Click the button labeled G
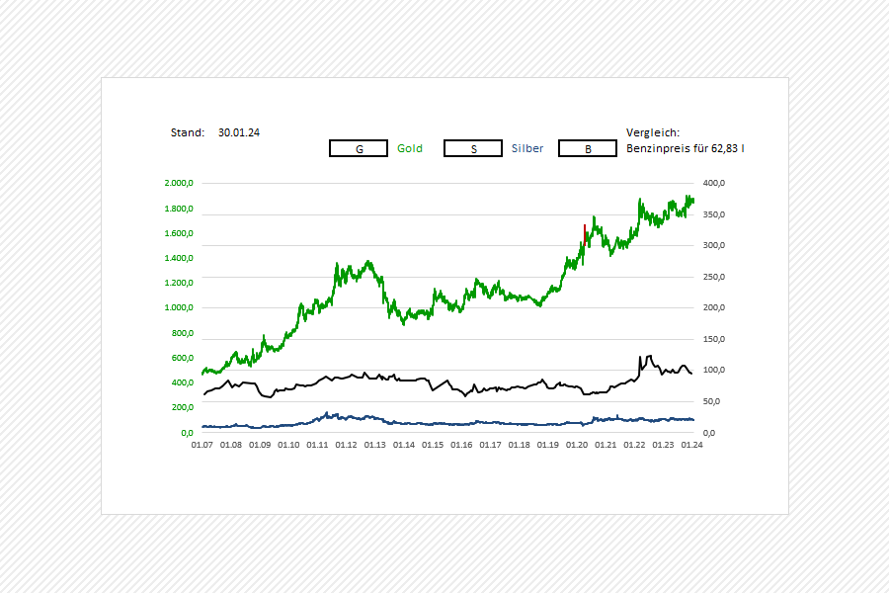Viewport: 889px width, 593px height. tap(359, 148)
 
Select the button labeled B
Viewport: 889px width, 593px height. tap(588, 148)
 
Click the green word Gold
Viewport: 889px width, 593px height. tap(410, 148)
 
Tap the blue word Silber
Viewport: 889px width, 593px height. tap(527, 148)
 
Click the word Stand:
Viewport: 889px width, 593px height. tap(187, 131)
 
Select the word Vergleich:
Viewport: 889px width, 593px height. tap(653, 131)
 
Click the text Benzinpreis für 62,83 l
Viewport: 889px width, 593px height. tap(686, 148)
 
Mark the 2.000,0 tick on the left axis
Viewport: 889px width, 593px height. tap(179, 183)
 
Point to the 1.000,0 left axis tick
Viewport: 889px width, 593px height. tap(179, 307)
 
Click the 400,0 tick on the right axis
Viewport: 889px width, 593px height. tap(714, 183)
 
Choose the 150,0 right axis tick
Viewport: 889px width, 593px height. tap(714, 339)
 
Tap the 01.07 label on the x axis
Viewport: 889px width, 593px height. tap(202, 445)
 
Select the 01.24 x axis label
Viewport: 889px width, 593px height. tap(692, 445)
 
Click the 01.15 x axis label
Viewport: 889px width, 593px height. tap(433, 445)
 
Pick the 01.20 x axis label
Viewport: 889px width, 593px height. tap(577, 445)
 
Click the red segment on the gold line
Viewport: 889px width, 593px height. tap(586, 235)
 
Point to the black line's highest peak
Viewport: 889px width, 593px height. tap(643, 356)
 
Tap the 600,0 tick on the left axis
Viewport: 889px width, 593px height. tap(181, 358)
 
